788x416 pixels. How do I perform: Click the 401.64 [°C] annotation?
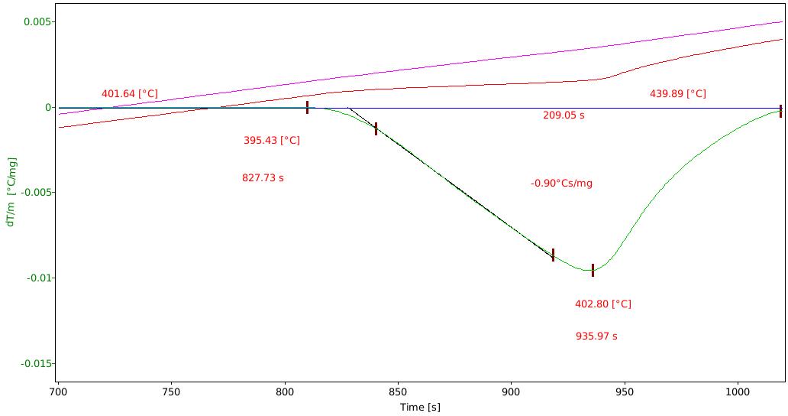tap(130, 94)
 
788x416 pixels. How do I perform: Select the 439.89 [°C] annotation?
tap(678, 94)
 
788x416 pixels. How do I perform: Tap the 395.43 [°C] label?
tap(272, 141)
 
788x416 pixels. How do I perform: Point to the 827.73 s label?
tap(263, 178)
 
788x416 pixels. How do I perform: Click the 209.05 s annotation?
tap(564, 115)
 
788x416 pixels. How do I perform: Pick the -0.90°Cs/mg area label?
tap(561, 184)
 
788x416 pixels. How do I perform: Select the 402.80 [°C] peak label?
tap(603, 304)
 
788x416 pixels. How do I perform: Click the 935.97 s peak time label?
tap(596, 336)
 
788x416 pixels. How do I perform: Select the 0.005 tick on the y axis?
tap(37, 22)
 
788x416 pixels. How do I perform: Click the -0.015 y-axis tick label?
tap(36, 364)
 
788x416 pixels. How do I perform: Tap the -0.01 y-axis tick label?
tap(38, 278)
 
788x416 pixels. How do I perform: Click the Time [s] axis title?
tap(420, 408)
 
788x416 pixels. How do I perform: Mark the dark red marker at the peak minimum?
tap(593, 270)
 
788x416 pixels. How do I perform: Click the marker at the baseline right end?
tap(780, 111)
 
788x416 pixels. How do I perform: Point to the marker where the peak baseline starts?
tap(307, 107)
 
